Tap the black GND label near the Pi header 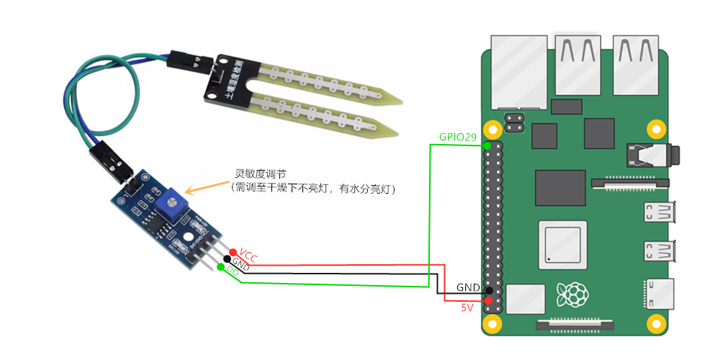point(468,287)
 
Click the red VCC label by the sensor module point(248,256)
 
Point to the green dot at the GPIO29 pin point(487,146)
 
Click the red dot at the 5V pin point(488,300)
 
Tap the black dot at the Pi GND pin point(488,289)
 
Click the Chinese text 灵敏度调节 point(261,174)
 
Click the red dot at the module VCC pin point(233,251)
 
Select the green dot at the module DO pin point(220,267)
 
